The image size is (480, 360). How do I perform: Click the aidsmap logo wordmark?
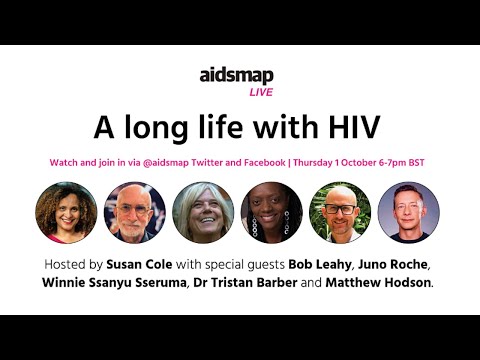(x=237, y=76)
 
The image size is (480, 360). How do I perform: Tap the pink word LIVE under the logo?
(x=261, y=92)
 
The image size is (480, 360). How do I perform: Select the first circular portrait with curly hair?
(x=65, y=212)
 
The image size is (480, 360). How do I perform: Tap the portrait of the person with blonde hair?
(x=203, y=212)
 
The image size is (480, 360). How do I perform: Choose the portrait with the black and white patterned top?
(x=272, y=212)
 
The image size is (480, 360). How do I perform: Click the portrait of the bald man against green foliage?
(x=341, y=212)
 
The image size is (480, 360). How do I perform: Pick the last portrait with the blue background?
(x=410, y=212)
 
